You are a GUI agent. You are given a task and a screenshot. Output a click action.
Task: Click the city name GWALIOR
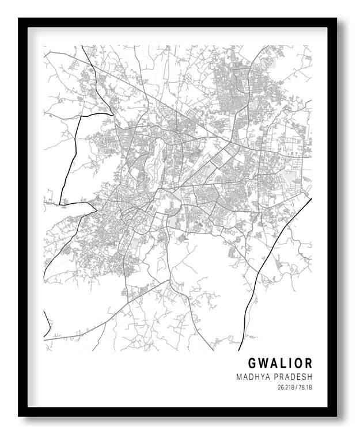tap(281, 364)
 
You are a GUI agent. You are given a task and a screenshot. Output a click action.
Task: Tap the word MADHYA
tap(252, 377)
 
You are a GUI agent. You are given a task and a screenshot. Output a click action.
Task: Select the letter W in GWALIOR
tap(263, 364)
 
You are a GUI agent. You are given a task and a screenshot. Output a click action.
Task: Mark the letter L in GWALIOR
tap(283, 364)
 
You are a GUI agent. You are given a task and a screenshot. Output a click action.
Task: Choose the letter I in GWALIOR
tap(290, 364)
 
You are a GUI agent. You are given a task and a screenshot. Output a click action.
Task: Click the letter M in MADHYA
tap(239, 377)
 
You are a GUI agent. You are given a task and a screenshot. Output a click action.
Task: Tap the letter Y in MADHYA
tap(260, 377)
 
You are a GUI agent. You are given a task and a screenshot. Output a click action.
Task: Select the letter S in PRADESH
tap(303, 377)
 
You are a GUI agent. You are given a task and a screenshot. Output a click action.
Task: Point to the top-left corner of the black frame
tap(20, 19)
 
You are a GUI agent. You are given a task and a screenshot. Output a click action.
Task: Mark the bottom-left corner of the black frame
tap(20, 415)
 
